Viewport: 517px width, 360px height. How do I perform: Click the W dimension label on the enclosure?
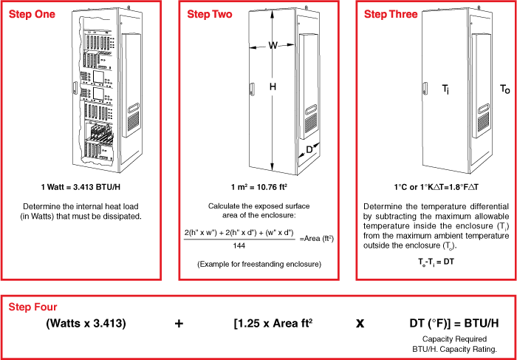pos(273,45)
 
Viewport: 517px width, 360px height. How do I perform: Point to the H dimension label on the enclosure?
pos(273,87)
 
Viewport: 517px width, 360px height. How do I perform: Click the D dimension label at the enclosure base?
pos(309,150)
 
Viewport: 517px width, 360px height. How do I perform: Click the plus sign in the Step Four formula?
pos(179,323)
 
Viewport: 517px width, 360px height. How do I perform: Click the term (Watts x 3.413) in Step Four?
pos(86,323)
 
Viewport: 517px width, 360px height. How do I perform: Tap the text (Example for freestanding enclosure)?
pos(258,264)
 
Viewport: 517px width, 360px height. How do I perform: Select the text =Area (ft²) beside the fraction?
pos(318,237)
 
